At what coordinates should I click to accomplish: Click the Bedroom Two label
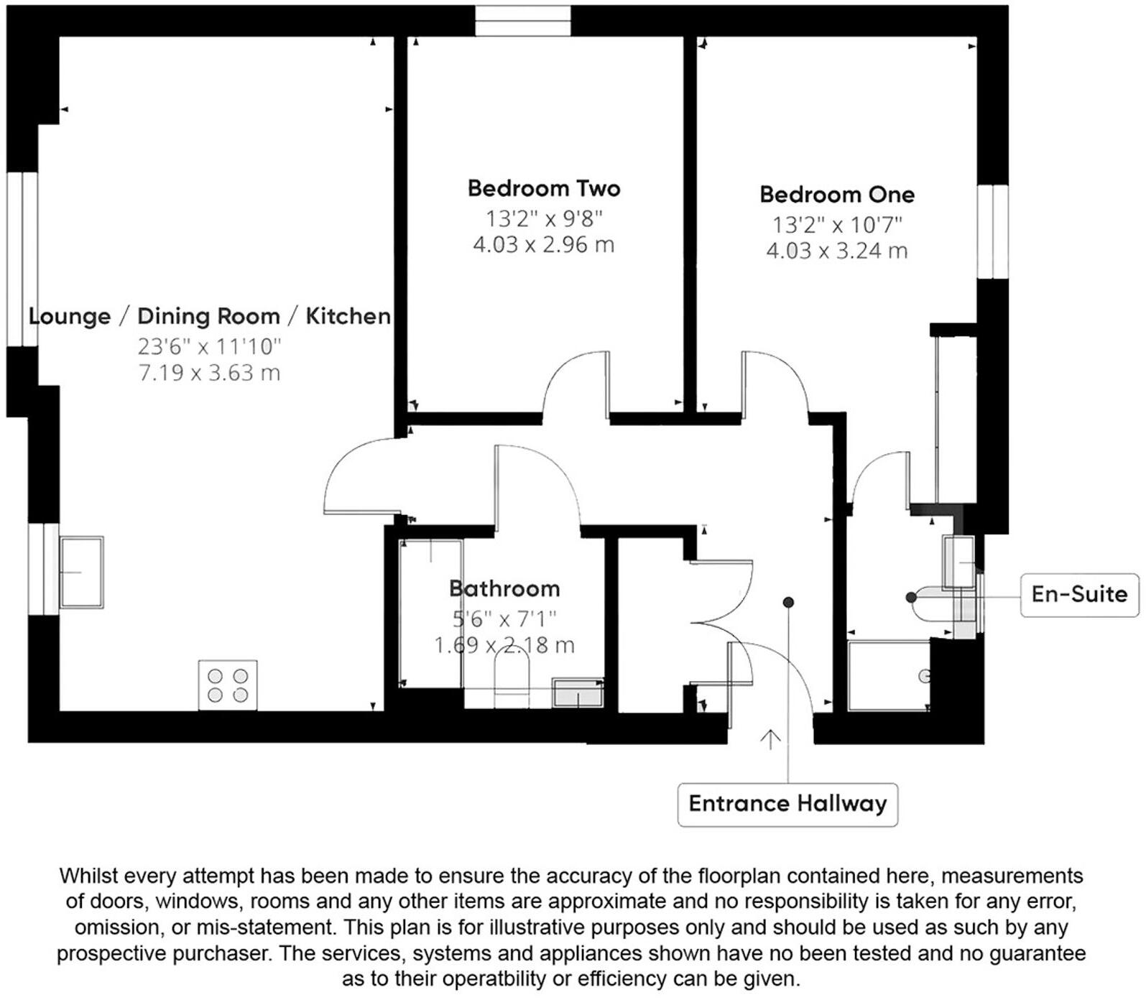(x=543, y=189)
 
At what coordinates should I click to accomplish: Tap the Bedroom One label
(x=837, y=195)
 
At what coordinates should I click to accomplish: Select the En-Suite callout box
(x=1079, y=594)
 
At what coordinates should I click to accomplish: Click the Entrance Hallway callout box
(x=787, y=804)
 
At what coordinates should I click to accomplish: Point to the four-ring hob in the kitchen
(x=228, y=685)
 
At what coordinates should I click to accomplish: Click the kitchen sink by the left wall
(x=81, y=573)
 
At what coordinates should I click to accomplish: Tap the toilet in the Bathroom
(x=512, y=679)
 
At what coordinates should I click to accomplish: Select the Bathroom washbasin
(x=577, y=693)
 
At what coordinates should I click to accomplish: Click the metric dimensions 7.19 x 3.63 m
(x=209, y=374)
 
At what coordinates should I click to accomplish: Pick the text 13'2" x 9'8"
(x=543, y=218)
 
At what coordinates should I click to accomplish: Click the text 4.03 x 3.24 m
(x=836, y=251)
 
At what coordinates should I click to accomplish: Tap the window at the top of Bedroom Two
(x=523, y=20)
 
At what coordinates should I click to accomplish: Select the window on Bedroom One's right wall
(x=993, y=231)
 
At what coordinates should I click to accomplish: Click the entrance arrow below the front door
(x=770, y=739)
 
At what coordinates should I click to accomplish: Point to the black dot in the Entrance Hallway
(x=788, y=602)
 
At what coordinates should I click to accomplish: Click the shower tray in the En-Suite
(x=889, y=675)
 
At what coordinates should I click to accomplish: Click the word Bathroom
(x=504, y=589)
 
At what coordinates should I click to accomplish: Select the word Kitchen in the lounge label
(x=348, y=316)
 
